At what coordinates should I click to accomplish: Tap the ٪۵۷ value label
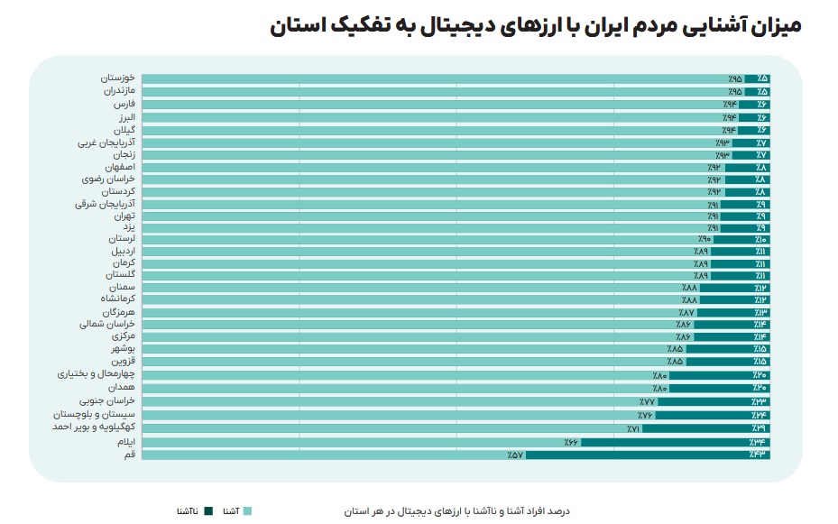[515, 455]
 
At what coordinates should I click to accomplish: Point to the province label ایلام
[124, 443]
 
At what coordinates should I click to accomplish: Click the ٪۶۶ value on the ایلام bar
[571, 443]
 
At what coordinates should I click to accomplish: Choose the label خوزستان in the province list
[117, 78]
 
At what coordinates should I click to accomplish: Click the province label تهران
[124, 216]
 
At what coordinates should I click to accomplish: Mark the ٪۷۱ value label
[633, 429]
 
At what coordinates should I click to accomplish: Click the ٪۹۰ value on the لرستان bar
[704, 240]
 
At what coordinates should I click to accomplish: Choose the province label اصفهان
[119, 168]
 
